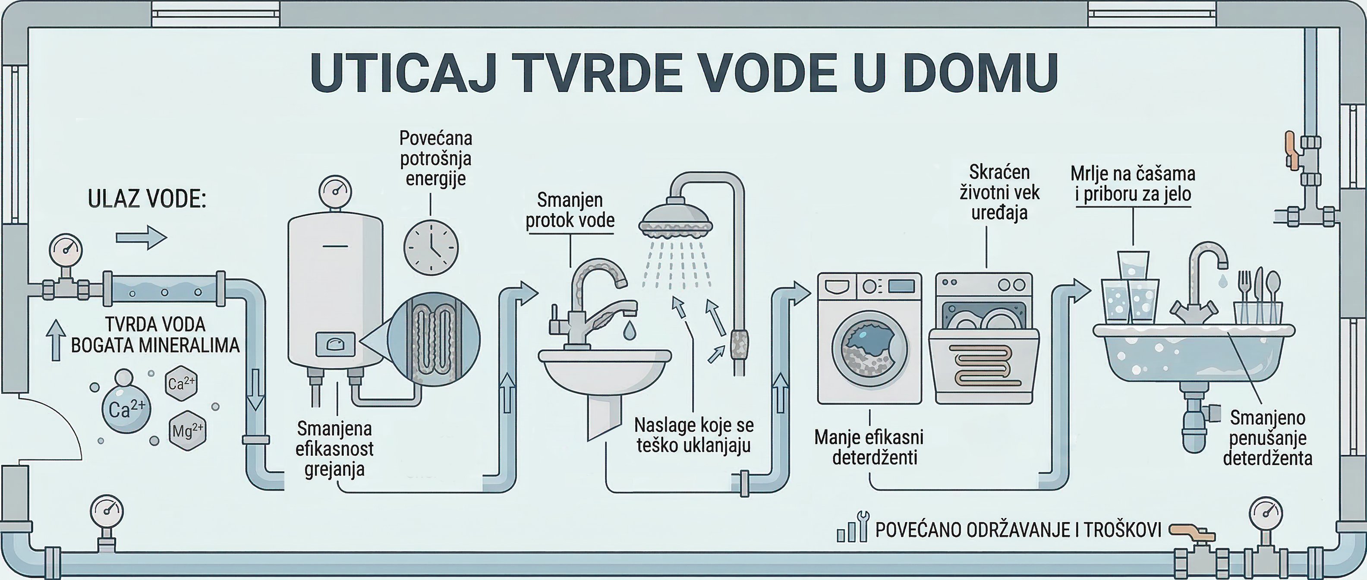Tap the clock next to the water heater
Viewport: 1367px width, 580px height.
tap(431, 247)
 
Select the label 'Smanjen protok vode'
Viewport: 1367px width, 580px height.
tap(570, 210)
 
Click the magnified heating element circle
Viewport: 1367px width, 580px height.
tap(434, 339)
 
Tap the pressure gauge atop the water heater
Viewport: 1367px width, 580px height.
tap(335, 192)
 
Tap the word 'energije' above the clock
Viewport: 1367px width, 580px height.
tap(436, 179)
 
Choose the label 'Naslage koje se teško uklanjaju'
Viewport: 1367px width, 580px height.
tap(693, 435)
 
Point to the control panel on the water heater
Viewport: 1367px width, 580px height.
tap(335, 344)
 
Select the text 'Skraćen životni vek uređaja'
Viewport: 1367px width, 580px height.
tap(999, 192)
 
